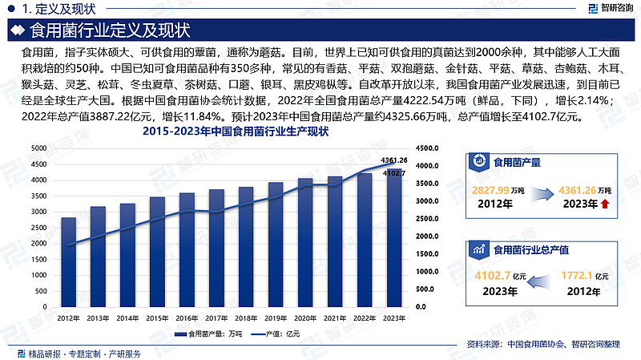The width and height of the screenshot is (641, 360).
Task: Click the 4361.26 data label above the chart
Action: pyautogui.click(x=394, y=160)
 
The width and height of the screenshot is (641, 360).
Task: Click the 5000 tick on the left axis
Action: pyautogui.click(x=38, y=148)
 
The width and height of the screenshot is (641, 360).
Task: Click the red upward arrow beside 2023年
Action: pyautogui.click(x=603, y=204)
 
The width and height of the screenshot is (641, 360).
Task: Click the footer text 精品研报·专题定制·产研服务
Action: pyautogui.click(x=84, y=354)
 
